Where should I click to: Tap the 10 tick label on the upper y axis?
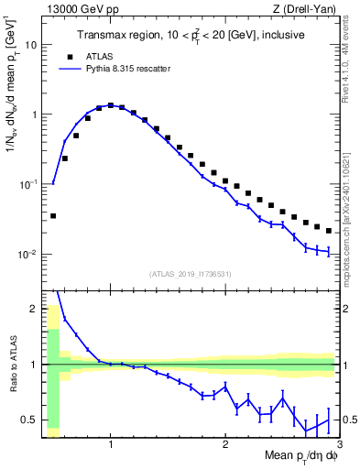coord(30,44)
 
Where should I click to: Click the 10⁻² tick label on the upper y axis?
coord(28,254)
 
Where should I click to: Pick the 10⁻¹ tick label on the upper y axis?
coord(28,184)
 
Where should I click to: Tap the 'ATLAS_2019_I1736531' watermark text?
coord(190,274)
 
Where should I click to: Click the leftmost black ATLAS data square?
coord(53,216)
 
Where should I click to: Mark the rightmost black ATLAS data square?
coord(329,231)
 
